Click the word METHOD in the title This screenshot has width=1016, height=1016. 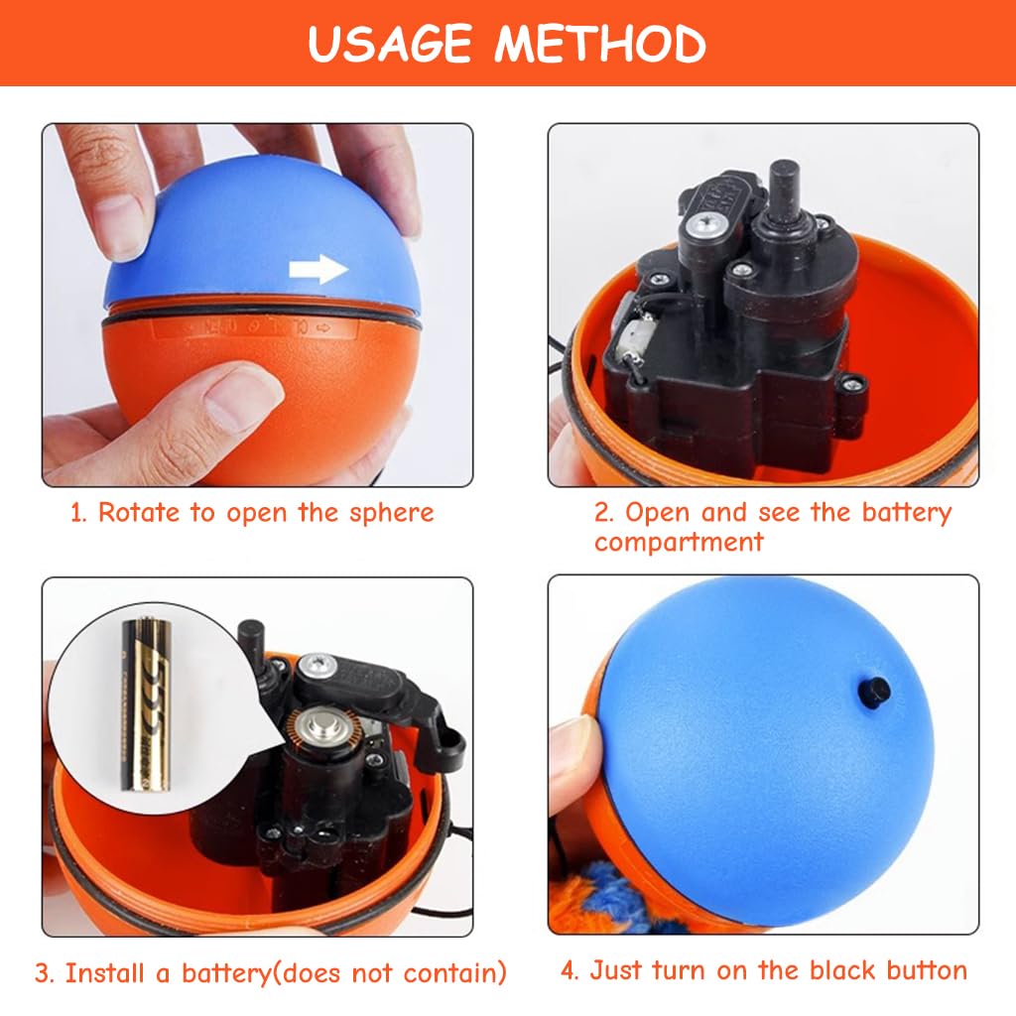[x=601, y=44]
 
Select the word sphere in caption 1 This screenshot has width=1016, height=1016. [x=391, y=513]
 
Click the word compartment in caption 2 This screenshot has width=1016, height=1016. [x=679, y=542]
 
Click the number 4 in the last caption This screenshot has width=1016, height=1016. [x=569, y=970]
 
